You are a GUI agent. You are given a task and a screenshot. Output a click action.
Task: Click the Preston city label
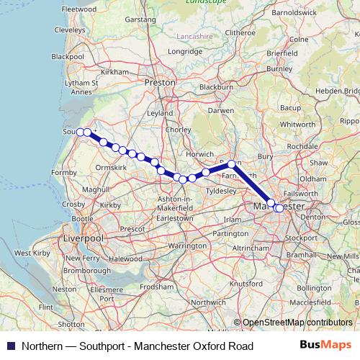[x=160, y=83]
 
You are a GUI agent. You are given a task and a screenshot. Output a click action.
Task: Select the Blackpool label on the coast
[x=68, y=56]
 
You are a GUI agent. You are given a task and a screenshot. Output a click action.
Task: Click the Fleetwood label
[x=79, y=9]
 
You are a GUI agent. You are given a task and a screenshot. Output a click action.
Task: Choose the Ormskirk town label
[x=111, y=167]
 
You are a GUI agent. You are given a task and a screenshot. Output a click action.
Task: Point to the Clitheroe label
[x=240, y=33]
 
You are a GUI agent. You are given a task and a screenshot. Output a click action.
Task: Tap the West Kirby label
[x=32, y=253]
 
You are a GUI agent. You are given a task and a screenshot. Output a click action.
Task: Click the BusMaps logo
[x=325, y=346]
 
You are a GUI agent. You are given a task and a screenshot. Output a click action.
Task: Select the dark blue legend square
[x=9, y=346]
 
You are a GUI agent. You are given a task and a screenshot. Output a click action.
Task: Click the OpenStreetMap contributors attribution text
[x=297, y=323]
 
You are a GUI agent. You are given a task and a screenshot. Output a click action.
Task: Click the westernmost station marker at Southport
[x=81, y=132]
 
